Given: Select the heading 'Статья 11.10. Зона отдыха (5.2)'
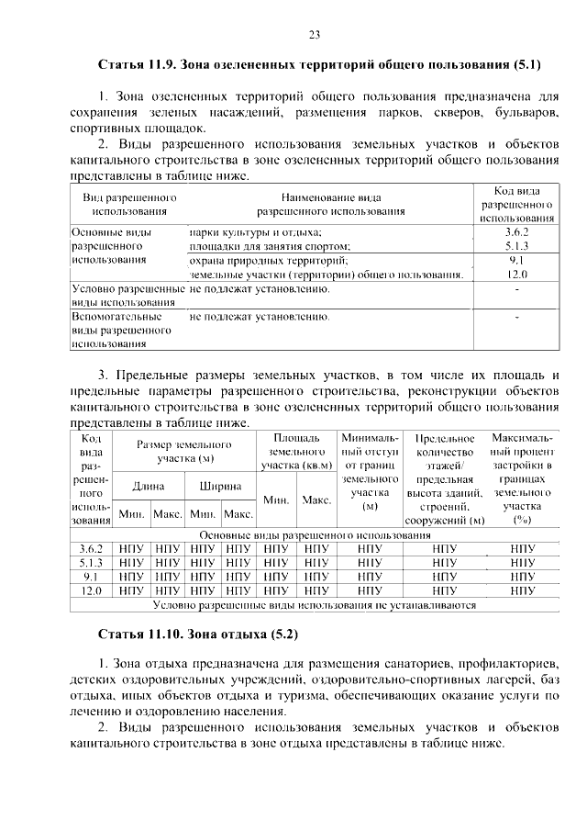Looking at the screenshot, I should (x=198, y=634).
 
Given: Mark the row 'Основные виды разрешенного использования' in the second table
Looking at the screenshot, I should (x=315, y=535).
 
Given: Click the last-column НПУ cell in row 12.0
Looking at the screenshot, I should (x=523, y=590).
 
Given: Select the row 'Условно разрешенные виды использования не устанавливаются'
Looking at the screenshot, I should (x=315, y=604).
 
